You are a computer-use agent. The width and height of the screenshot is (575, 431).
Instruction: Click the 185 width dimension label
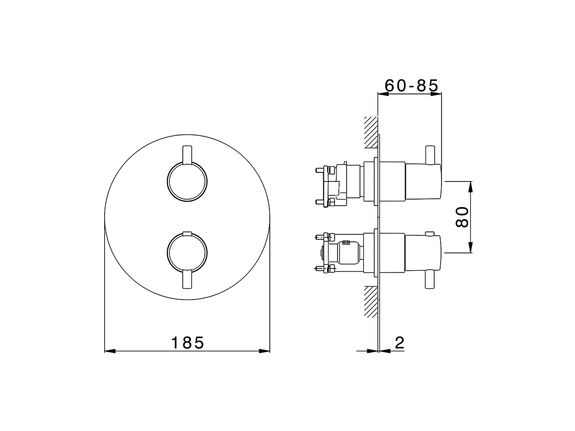187,343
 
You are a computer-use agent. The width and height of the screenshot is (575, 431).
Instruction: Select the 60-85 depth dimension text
411,85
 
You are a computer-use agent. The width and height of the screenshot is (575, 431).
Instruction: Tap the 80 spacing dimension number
462,217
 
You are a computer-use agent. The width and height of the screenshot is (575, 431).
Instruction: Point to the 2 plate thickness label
399,343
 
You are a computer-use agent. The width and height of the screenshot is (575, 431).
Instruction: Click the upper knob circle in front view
187,182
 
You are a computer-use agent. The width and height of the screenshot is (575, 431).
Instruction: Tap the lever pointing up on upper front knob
187,155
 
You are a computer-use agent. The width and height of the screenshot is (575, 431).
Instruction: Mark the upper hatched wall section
371,132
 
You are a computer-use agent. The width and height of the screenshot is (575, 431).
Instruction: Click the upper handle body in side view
423,182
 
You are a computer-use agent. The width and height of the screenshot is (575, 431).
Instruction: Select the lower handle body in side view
423,253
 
